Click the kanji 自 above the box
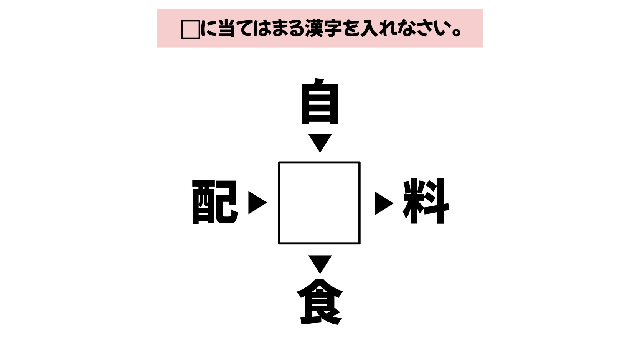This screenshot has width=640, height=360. point(320,101)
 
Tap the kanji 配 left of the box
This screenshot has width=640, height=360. point(215,202)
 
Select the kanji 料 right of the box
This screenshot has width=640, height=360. point(426,201)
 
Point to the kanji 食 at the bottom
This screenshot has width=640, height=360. point(320,302)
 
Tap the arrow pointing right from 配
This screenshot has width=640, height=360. point(257,203)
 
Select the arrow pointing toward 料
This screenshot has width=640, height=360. point(384,203)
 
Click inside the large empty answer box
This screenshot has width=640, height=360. point(319,203)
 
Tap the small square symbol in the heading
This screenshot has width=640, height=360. point(191,30)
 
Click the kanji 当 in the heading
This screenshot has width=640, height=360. point(226,28)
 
